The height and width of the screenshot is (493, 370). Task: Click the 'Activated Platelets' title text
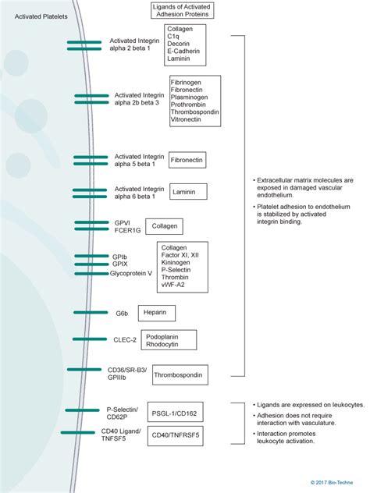[x=37, y=16]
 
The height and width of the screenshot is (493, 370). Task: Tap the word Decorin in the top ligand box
[x=179, y=44]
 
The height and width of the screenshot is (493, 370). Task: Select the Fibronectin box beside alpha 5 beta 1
[x=187, y=160]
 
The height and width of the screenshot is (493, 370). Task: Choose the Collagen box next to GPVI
[x=165, y=226]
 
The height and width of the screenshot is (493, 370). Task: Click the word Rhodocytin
[x=164, y=343]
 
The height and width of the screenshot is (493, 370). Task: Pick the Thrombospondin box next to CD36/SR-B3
[x=178, y=375]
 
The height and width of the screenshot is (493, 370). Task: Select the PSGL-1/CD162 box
[x=173, y=413]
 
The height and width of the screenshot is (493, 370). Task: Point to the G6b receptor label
[x=122, y=314]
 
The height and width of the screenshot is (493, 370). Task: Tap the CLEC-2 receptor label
[x=124, y=339]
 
